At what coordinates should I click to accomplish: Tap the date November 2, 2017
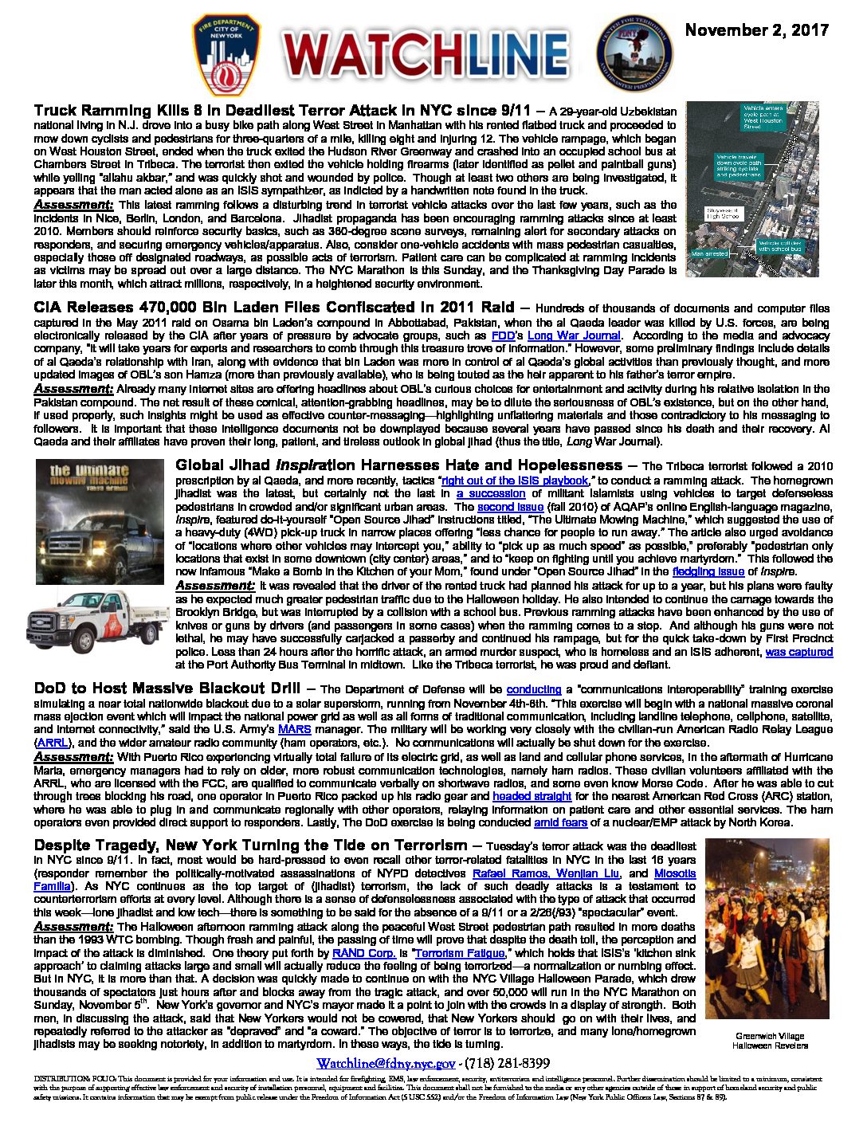click(756, 30)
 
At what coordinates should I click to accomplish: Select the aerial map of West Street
click(751, 189)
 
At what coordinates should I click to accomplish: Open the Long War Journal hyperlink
click(574, 335)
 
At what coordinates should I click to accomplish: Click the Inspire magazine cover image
click(100, 521)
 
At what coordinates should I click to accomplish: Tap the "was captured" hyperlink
click(798, 652)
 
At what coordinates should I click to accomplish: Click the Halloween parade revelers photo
click(767, 928)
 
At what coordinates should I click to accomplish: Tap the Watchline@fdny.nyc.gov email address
click(386, 1064)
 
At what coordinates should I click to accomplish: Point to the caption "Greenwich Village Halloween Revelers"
click(769, 1041)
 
